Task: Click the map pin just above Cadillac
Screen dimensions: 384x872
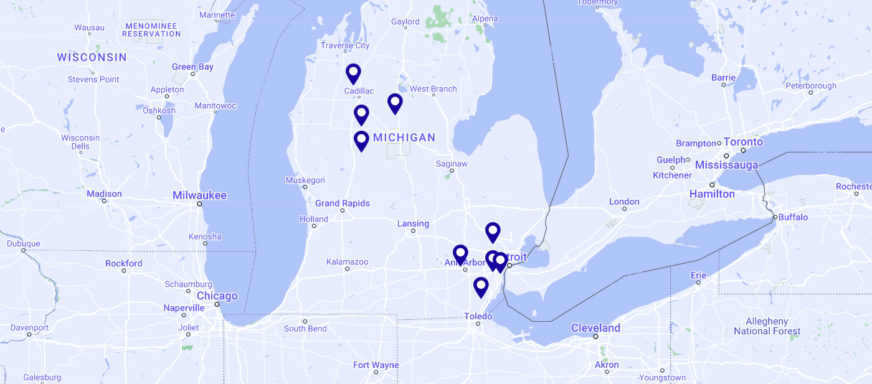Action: point(353,73)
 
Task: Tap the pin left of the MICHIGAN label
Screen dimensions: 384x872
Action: point(361,140)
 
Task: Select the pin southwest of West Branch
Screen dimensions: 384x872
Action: point(395,103)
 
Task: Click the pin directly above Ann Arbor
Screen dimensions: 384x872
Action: point(460,254)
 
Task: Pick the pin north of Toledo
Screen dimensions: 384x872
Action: point(481,286)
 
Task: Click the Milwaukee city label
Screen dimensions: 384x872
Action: point(199,195)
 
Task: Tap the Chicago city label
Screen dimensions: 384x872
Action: point(217,296)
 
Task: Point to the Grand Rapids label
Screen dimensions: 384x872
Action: point(342,204)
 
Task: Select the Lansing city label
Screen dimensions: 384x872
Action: point(413,224)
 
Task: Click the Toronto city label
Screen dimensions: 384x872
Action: point(743,142)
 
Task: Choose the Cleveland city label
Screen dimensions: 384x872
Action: point(595,328)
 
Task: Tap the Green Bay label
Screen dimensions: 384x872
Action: point(192,67)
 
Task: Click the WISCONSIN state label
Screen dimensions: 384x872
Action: point(92,57)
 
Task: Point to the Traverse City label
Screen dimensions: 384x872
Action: point(345,45)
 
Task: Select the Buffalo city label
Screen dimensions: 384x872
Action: point(793,217)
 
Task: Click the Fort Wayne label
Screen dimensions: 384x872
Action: point(376,365)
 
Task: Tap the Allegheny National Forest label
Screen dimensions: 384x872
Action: point(767,326)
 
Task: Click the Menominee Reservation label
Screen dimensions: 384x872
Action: point(151,29)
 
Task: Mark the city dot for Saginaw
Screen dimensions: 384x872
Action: point(452,171)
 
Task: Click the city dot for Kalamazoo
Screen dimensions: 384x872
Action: point(348,269)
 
